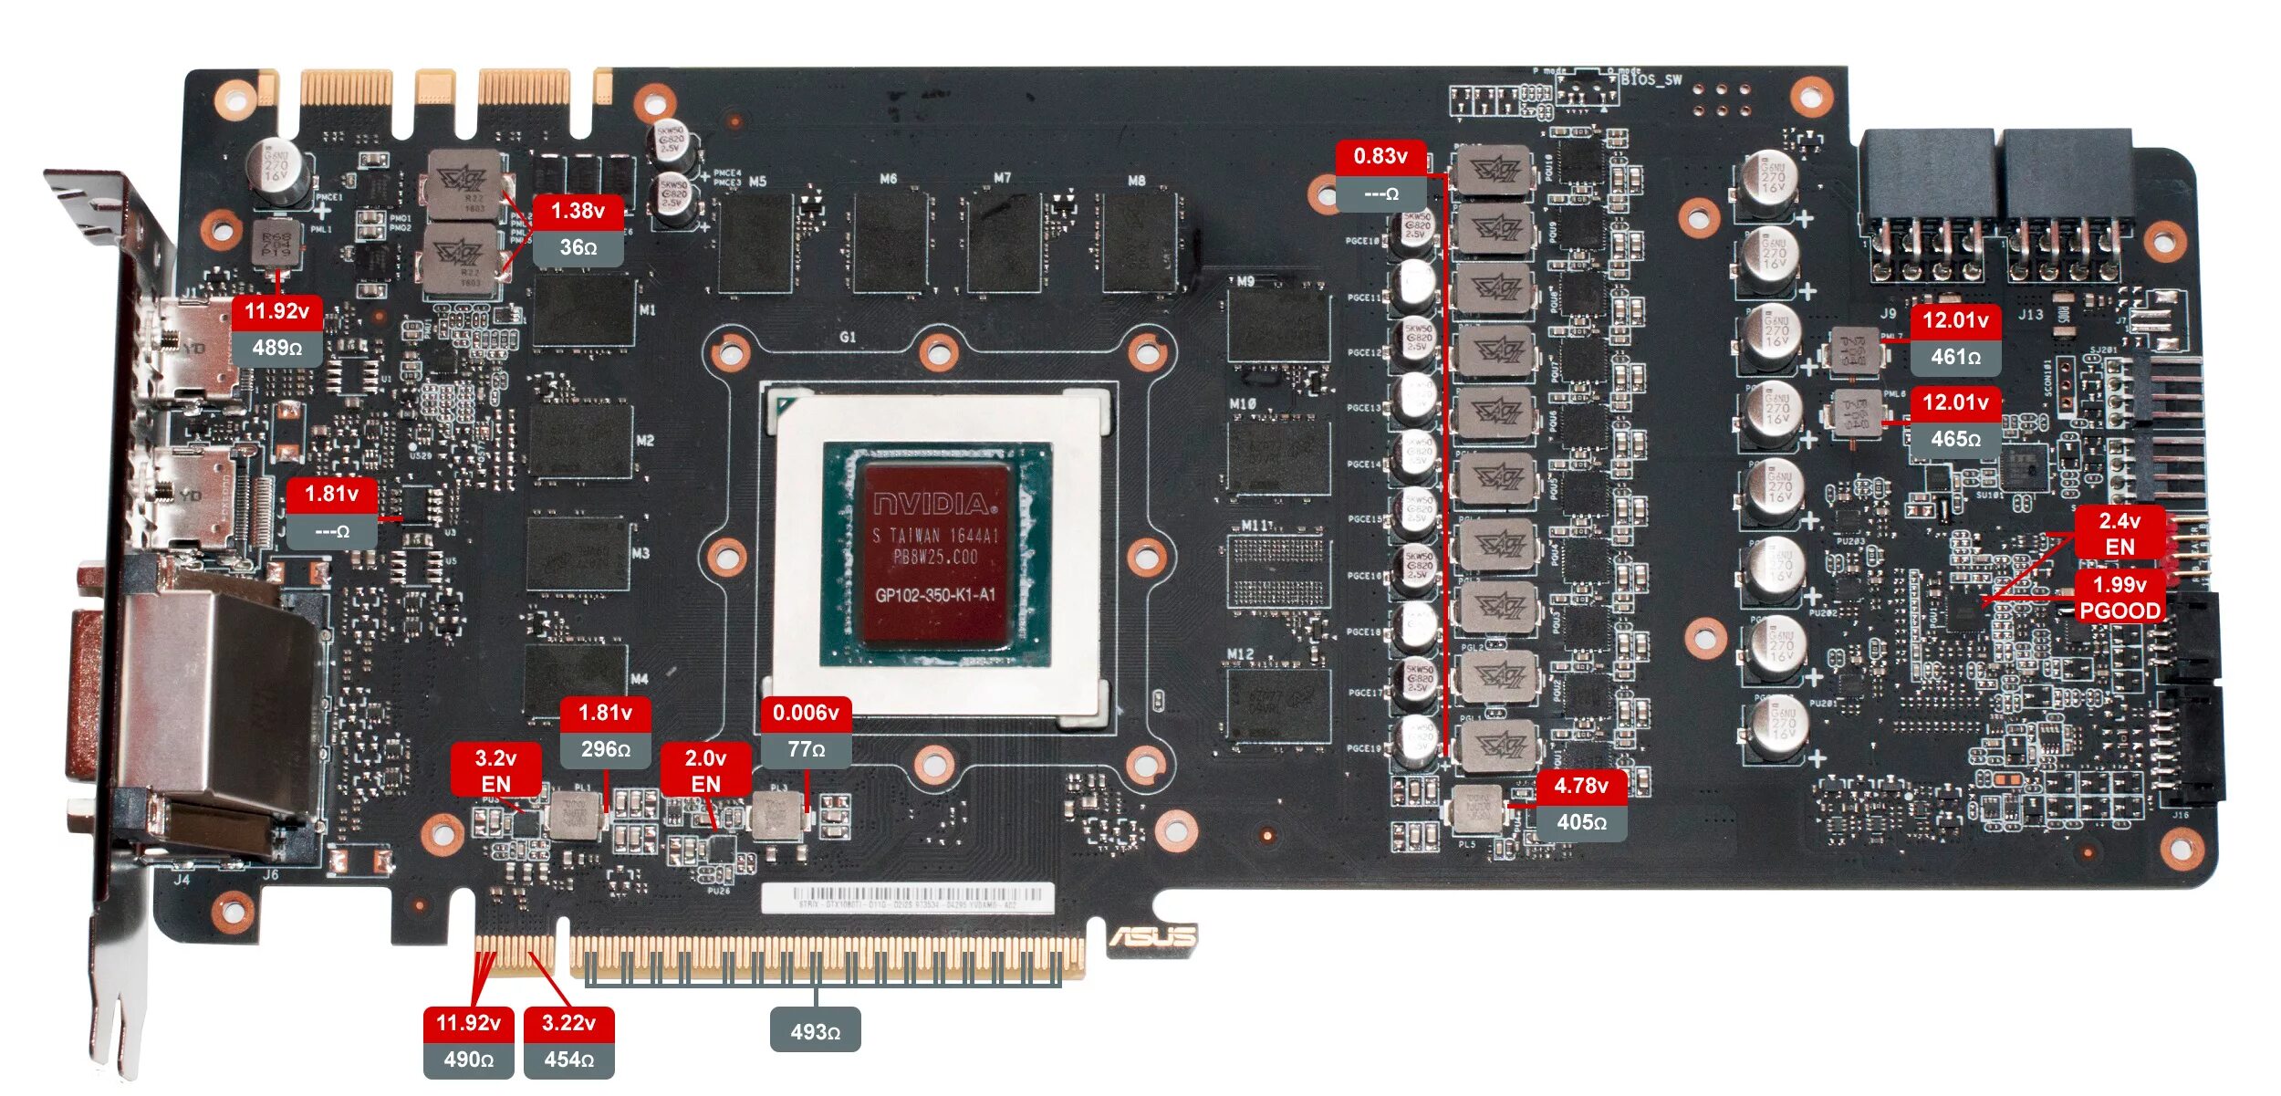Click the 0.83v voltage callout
pos(1380,157)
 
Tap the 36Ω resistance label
pos(578,248)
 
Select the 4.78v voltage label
pos(1581,787)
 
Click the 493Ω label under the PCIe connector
pos(815,1032)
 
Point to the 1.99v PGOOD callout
pos(2120,598)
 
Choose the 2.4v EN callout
pos(2120,534)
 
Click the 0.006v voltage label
pos(806,714)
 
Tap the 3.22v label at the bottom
pos(568,1023)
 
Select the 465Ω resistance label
pos(1955,440)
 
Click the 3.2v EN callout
pos(495,770)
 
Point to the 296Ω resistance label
pos(605,750)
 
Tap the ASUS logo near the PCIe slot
pos(1152,937)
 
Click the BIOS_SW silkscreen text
pos(1651,80)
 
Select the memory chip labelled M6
pos(890,242)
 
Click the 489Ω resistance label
pos(276,349)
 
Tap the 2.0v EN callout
pos(705,770)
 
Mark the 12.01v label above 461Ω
pos(1955,321)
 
